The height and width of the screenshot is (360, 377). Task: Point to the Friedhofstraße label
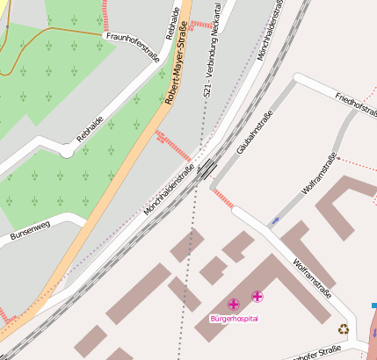click(356, 103)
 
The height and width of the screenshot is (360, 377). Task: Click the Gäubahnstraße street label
click(255, 133)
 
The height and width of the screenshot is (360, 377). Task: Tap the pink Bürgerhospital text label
click(235, 318)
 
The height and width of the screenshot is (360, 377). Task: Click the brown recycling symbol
click(344, 329)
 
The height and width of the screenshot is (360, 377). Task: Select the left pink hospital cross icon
click(234, 304)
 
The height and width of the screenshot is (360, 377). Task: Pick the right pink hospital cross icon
click(257, 297)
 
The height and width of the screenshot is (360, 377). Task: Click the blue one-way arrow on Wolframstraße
click(276, 220)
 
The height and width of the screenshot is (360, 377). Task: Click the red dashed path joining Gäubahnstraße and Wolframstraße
click(222, 198)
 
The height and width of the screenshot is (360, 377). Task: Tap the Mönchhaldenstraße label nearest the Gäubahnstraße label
click(170, 189)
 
